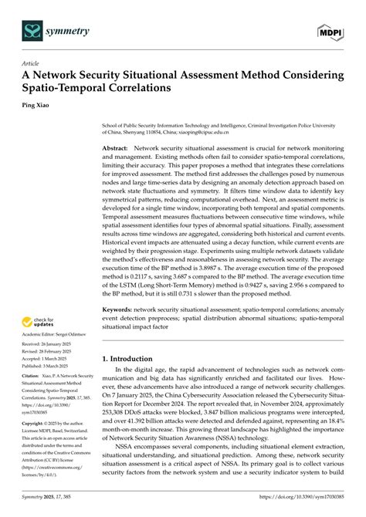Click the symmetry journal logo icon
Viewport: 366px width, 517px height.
[x=33, y=30]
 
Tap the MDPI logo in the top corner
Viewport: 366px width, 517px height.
[x=330, y=30]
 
